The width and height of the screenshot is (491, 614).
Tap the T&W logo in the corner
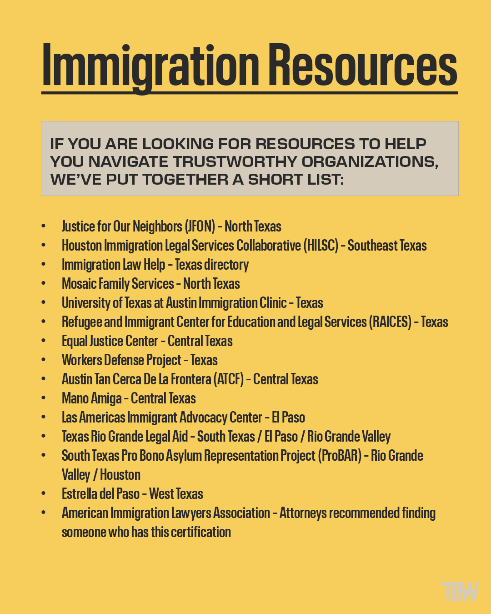coord(460,591)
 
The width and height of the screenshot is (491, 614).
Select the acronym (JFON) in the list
coord(200,226)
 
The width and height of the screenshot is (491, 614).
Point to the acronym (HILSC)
coord(321,246)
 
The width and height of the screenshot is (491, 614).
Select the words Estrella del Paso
coord(100,494)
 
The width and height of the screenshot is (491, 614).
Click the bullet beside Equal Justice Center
coord(44,341)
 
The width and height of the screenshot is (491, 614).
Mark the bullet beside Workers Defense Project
coord(44,360)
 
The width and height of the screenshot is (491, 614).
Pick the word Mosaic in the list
coord(79,284)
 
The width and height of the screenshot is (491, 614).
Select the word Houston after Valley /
coord(120,475)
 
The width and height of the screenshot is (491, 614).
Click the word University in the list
coord(86,303)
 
